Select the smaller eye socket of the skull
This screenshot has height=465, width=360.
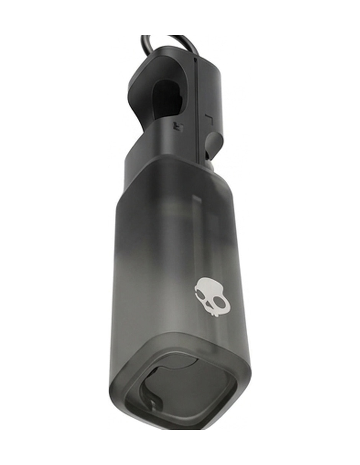tap(202, 296)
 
